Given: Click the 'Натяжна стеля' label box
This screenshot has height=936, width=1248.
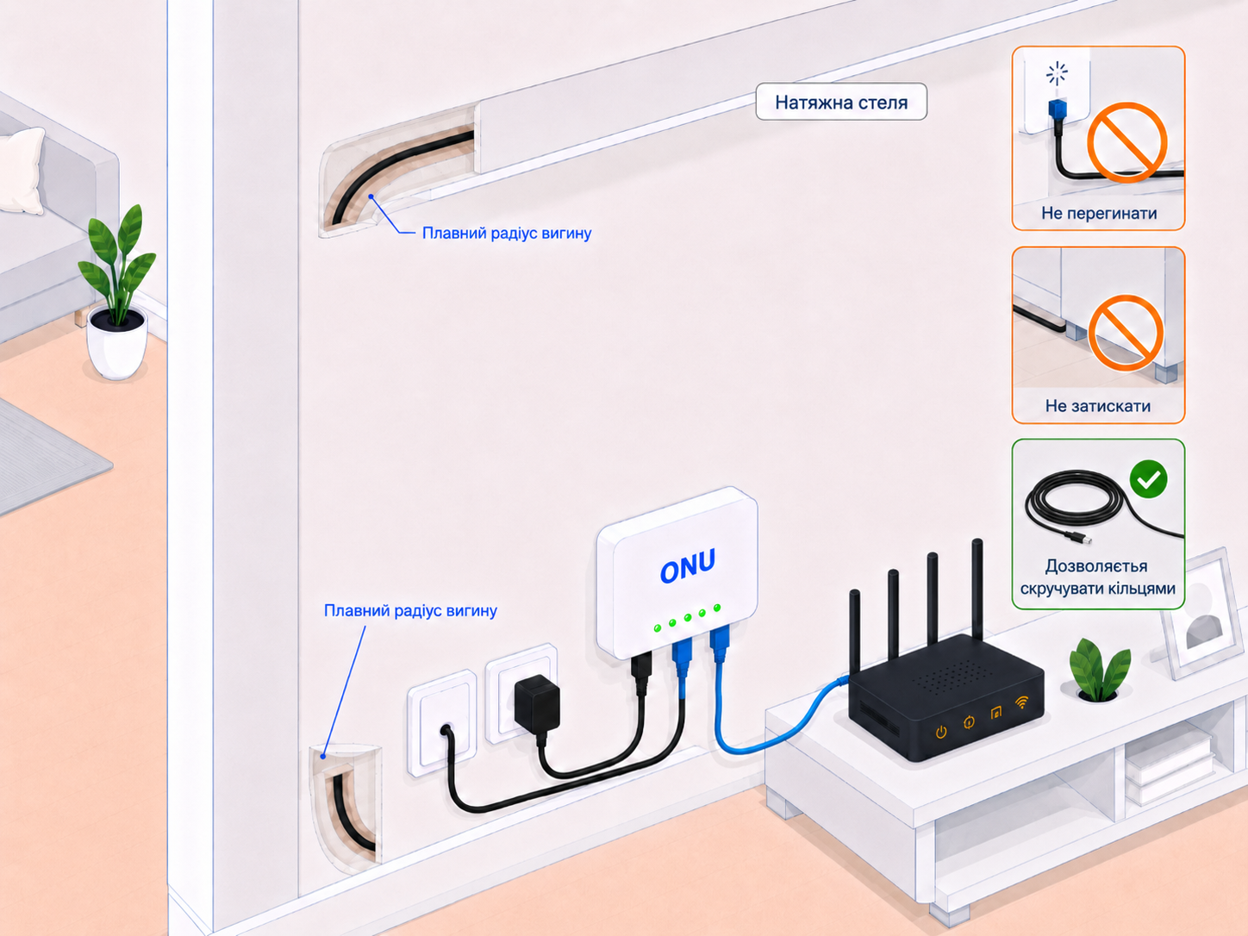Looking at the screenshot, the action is pyautogui.click(x=841, y=102).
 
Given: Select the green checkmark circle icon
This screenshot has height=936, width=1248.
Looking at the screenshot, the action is pyautogui.click(x=1149, y=479).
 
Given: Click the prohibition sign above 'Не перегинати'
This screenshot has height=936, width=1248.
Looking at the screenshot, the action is pyautogui.click(x=1126, y=142).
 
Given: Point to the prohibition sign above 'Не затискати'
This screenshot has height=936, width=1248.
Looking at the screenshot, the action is pyautogui.click(x=1126, y=333).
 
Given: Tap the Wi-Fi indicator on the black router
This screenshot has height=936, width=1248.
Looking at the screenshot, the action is pyautogui.click(x=1022, y=703).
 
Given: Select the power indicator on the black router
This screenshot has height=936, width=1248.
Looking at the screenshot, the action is pyautogui.click(x=941, y=732).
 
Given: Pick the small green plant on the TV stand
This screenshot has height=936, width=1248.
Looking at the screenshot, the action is pyautogui.click(x=1099, y=670).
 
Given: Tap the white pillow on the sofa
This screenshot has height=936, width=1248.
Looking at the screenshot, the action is pyautogui.click(x=22, y=171).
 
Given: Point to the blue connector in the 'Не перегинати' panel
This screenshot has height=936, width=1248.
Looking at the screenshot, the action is pyautogui.click(x=1057, y=109).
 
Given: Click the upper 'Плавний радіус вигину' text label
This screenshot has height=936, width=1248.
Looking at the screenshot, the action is pyautogui.click(x=507, y=233).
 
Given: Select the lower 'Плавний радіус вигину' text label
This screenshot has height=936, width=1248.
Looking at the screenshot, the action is pyautogui.click(x=410, y=610).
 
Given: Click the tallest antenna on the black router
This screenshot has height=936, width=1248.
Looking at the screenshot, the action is pyautogui.click(x=977, y=589).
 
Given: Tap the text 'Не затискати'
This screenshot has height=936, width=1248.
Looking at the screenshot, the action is pyautogui.click(x=1098, y=406).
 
